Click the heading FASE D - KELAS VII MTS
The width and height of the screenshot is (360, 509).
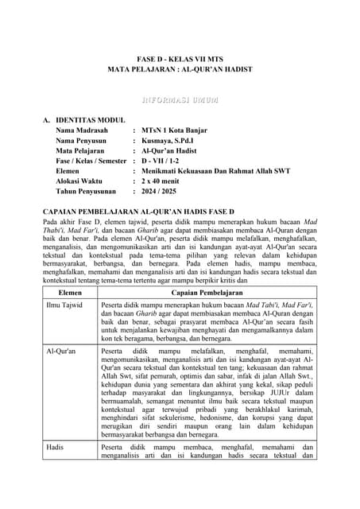tap(180, 59)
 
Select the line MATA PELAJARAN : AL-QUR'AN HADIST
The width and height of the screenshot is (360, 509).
tap(180, 70)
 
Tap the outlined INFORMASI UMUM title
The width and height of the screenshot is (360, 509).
tap(180, 101)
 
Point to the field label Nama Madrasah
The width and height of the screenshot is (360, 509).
tap(83, 129)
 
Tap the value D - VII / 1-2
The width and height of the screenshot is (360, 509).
tap(166, 160)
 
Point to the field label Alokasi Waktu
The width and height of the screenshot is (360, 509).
tap(80, 181)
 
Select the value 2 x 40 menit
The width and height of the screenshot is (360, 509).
tap(164, 181)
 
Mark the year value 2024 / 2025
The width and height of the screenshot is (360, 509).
tap(164, 192)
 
